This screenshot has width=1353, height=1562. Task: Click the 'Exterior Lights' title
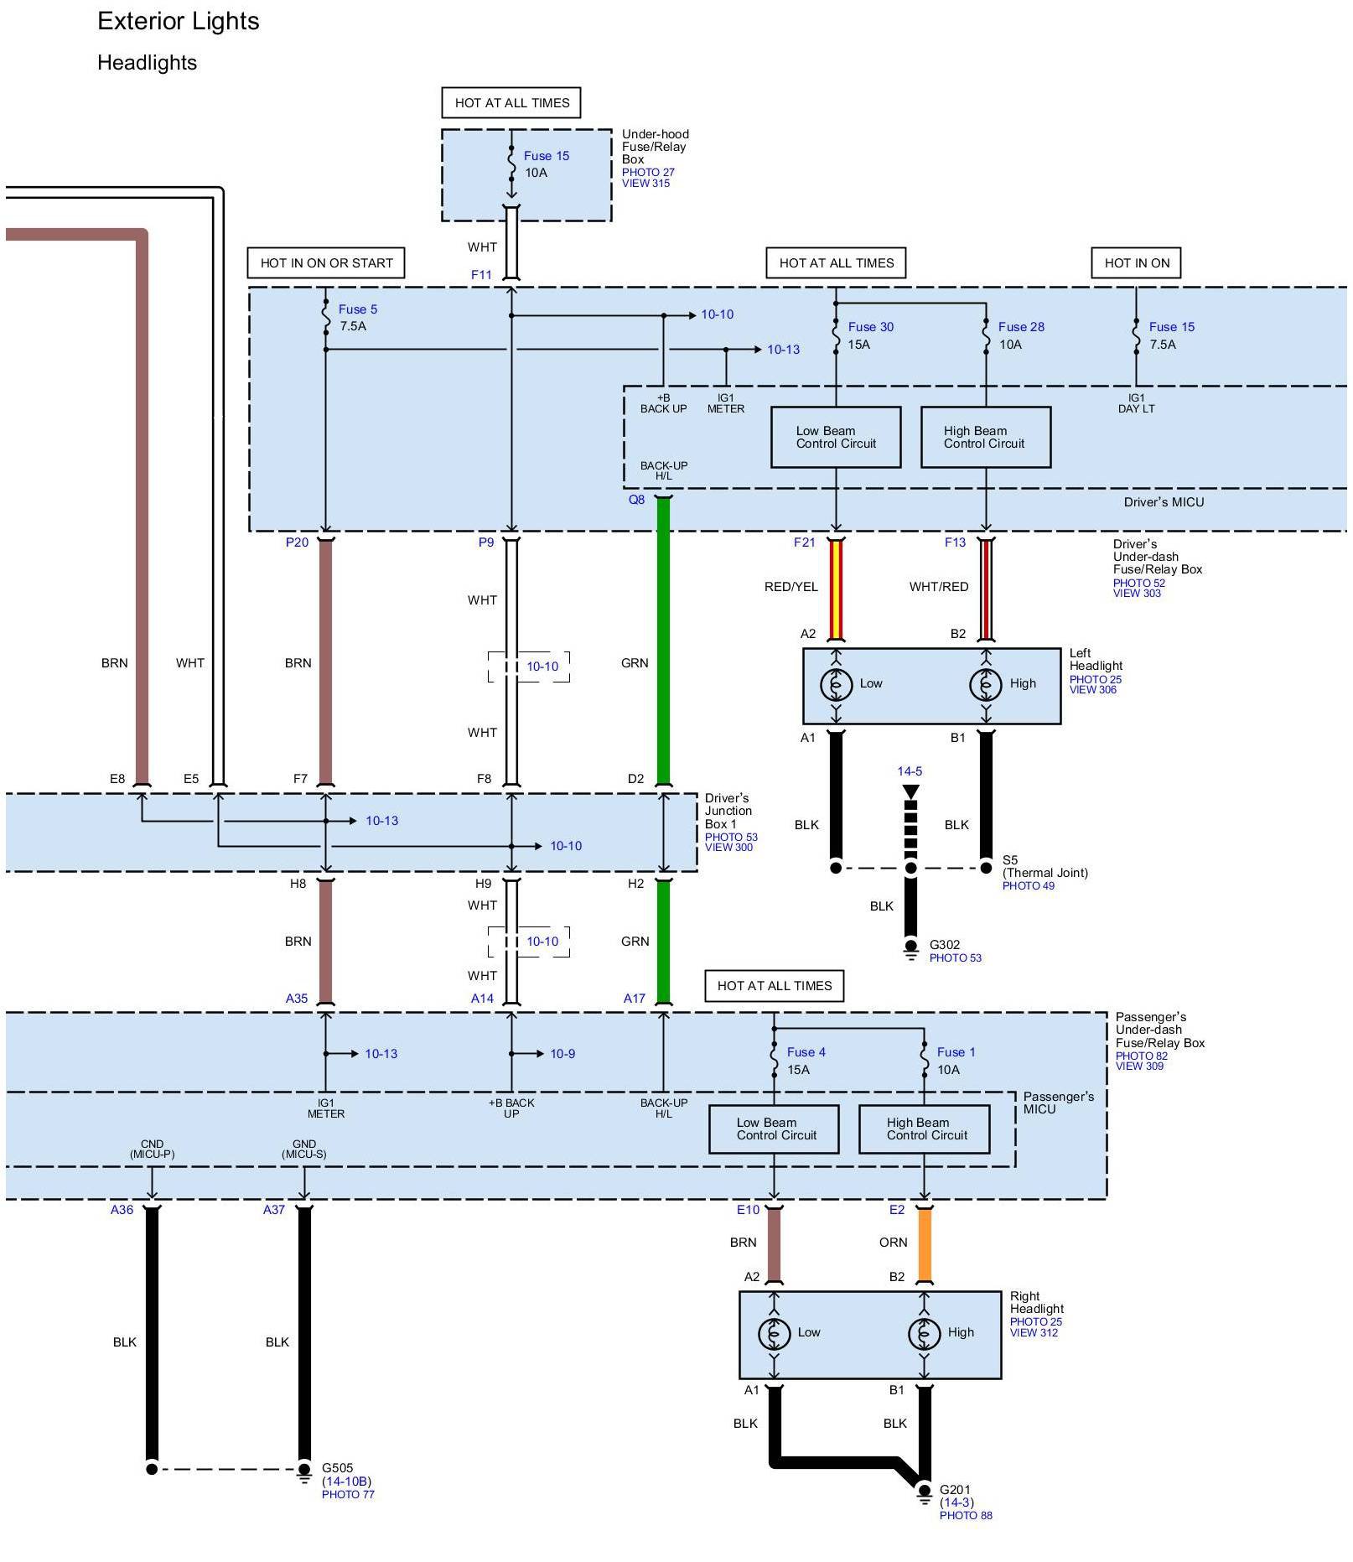click(x=178, y=21)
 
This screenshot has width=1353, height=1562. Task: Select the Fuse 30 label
click(x=870, y=327)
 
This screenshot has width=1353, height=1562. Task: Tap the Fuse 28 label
click(x=1020, y=327)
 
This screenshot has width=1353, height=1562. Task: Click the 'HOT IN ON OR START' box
click(x=326, y=263)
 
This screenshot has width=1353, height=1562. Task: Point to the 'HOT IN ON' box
click(x=1136, y=263)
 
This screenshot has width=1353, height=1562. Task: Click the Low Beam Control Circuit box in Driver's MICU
click(x=836, y=438)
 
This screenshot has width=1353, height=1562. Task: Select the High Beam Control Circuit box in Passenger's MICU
click(x=925, y=1129)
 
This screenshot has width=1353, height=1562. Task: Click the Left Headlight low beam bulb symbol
click(x=836, y=684)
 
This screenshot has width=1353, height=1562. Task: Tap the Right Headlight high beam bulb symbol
click(x=924, y=1332)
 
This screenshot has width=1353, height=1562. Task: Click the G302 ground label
click(x=945, y=945)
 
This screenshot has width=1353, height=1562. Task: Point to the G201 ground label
click(x=955, y=1490)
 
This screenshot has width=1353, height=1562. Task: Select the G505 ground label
click(x=338, y=1468)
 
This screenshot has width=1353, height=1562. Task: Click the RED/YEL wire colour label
click(x=791, y=587)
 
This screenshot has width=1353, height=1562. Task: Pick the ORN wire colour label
click(x=893, y=1243)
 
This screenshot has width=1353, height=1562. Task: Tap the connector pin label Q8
click(x=637, y=500)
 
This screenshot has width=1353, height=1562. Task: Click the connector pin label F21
click(x=804, y=542)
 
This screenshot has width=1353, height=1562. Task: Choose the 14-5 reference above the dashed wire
click(x=910, y=771)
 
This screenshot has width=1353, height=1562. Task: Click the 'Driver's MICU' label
click(x=1164, y=502)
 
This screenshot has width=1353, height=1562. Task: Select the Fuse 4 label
click(x=806, y=1052)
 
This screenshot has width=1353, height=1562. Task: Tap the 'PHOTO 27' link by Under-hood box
click(x=648, y=173)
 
